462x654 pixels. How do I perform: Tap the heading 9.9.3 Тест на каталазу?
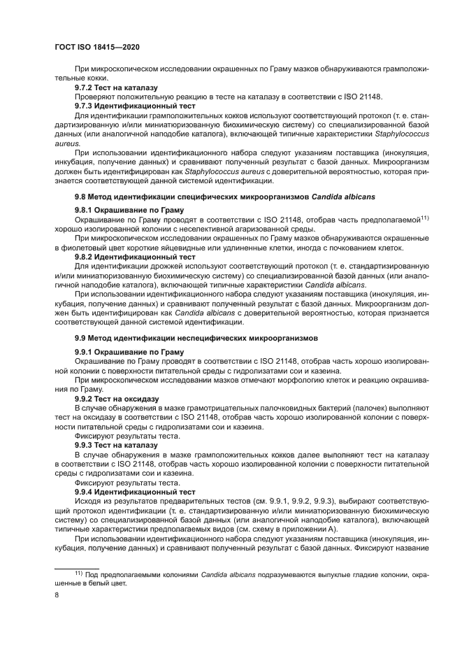pos(116,445)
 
